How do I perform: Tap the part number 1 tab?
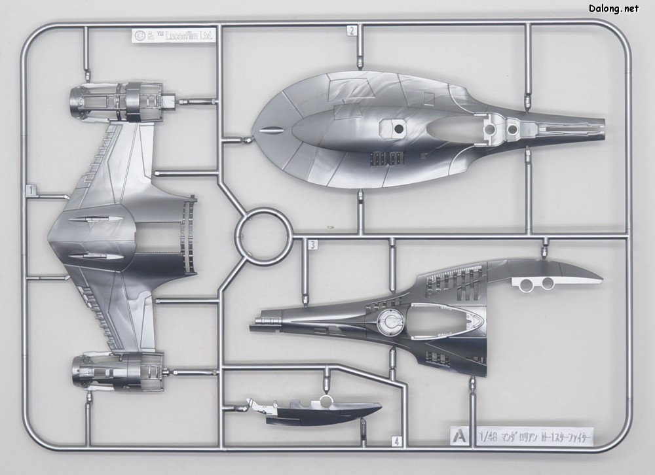pyautogui.click(x=30, y=190)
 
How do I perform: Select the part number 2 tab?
pyautogui.click(x=352, y=30)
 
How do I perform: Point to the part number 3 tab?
pyautogui.click(x=313, y=245)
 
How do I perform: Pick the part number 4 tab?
pyautogui.click(x=396, y=442)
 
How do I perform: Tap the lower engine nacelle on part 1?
pyautogui.click(x=118, y=370)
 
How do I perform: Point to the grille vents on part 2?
pyautogui.click(x=386, y=158)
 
